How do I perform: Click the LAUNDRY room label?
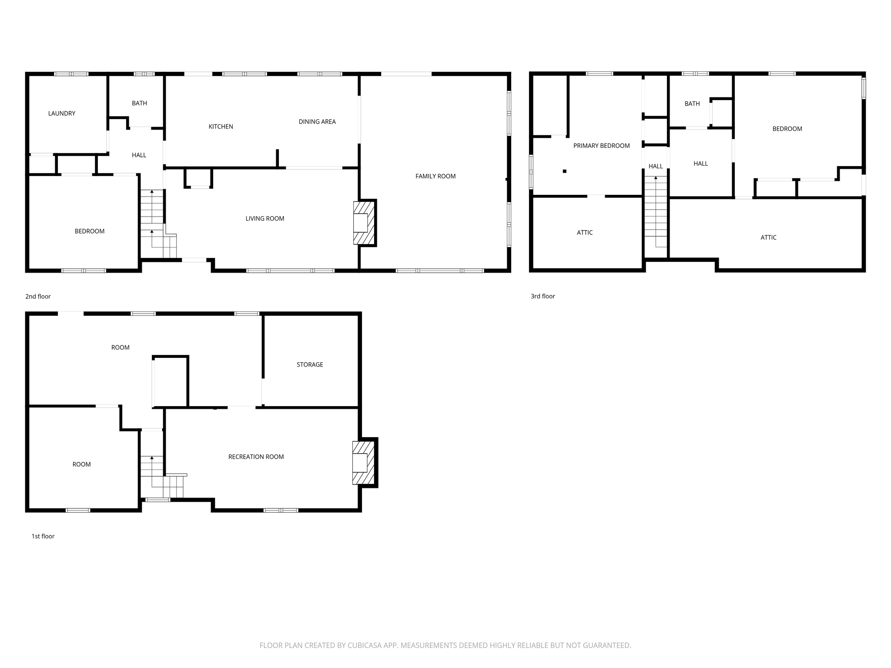62,114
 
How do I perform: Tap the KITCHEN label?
221,127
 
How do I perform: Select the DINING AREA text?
317,122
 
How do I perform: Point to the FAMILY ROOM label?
435,176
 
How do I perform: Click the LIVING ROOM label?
265,219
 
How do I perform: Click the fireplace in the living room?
364,223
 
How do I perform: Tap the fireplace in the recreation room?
363,463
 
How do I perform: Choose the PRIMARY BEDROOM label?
601,146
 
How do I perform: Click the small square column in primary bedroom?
565,171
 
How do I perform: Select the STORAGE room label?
310,365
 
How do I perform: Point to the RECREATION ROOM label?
256,457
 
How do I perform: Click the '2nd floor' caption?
38,297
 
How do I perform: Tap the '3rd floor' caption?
543,296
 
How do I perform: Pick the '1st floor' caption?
43,536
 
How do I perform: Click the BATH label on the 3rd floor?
692,104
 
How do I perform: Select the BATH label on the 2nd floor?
139,103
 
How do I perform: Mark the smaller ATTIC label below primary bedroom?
584,233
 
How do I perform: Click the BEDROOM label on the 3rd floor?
787,129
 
